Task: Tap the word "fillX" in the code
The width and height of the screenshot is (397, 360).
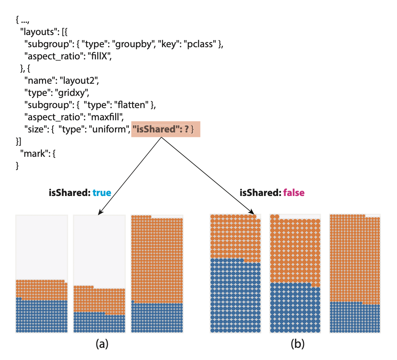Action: (x=101, y=56)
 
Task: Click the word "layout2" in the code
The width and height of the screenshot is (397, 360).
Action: (x=83, y=81)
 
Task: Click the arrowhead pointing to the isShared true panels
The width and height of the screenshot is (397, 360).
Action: (x=100, y=213)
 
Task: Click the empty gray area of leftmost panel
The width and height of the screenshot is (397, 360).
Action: (x=42, y=245)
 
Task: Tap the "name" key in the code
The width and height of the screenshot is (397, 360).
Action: (x=35, y=81)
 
